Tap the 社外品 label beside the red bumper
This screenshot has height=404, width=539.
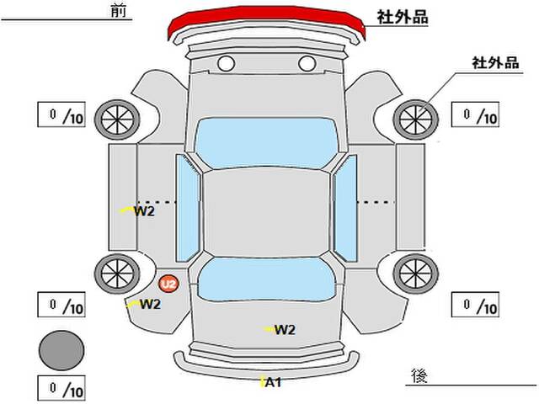(x=403, y=17)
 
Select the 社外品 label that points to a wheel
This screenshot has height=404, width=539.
(x=495, y=63)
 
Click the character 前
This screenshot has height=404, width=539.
(x=119, y=11)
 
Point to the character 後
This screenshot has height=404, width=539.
(x=419, y=375)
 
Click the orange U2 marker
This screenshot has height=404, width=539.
(x=168, y=284)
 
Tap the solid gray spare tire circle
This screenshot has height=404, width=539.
(x=61, y=350)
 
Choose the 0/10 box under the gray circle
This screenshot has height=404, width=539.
(x=61, y=389)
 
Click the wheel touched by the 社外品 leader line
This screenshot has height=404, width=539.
(x=415, y=120)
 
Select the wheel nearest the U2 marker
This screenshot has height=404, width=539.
(x=117, y=274)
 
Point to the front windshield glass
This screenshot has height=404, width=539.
(x=266, y=142)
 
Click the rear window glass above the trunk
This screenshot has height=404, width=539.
(x=266, y=279)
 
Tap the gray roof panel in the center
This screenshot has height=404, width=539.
(x=266, y=213)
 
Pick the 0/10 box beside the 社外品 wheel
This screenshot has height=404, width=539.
(x=475, y=114)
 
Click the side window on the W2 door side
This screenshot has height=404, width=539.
(x=188, y=208)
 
